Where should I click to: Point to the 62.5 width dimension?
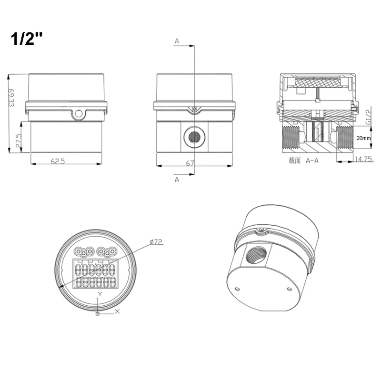pyautogui.click(x=58, y=161)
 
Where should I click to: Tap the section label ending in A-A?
pyautogui.click(x=304, y=161)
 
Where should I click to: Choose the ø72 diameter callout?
pyautogui.click(x=156, y=242)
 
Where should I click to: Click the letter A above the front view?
pyautogui.click(x=177, y=41)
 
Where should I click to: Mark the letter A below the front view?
pyautogui.click(x=177, y=179)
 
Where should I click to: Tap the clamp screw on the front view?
pyautogui.click(x=194, y=110)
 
